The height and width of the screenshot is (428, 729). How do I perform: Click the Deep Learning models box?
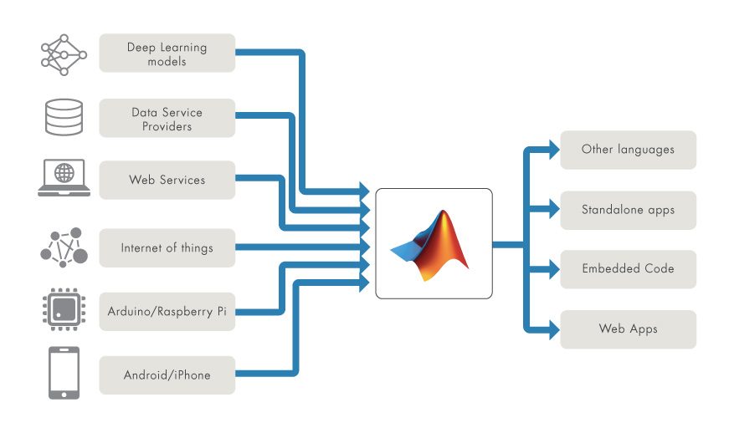click(x=167, y=53)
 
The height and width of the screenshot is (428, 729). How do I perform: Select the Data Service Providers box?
click(x=167, y=118)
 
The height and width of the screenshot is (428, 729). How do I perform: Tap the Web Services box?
click(x=167, y=180)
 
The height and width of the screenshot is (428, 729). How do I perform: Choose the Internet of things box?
click(x=167, y=248)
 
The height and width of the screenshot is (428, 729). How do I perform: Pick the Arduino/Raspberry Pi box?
click(x=167, y=312)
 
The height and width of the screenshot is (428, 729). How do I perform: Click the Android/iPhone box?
click(x=167, y=375)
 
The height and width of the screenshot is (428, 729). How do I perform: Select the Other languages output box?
click(x=628, y=150)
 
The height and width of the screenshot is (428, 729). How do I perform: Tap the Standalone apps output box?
click(x=628, y=211)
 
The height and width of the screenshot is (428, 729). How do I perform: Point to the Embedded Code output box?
click(x=628, y=269)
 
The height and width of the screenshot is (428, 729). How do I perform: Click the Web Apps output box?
click(x=628, y=329)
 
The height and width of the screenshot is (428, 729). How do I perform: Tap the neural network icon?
click(x=64, y=55)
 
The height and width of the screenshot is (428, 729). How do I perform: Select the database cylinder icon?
click(x=64, y=117)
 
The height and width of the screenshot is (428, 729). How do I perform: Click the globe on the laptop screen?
click(x=64, y=173)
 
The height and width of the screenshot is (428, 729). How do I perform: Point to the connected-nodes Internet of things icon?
click(x=64, y=247)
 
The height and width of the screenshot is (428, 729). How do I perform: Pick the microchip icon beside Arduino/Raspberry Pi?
click(x=64, y=309)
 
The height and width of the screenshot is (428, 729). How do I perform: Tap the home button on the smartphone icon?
click(x=64, y=395)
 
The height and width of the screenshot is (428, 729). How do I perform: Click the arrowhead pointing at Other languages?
click(x=554, y=150)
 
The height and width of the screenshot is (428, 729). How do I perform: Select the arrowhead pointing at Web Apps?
click(x=554, y=329)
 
